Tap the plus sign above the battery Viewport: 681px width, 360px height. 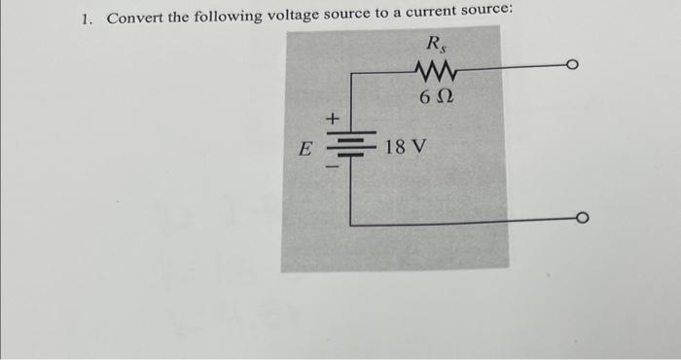click(x=332, y=118)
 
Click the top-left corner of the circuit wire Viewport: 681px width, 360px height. click(x=351, y=81)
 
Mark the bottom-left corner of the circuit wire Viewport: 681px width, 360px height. click(x=351, y=224)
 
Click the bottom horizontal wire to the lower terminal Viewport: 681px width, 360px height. click(x=467, y=223)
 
